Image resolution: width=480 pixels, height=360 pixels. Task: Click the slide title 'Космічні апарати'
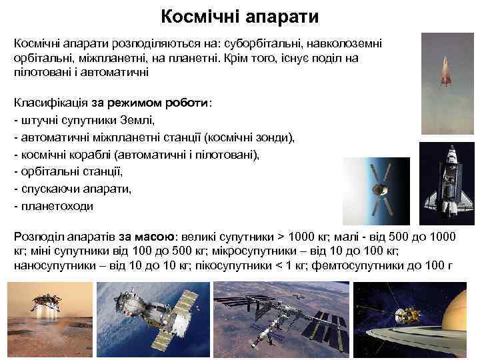click(240, 15)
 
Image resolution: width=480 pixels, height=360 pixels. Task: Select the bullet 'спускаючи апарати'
click(73, 189)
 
